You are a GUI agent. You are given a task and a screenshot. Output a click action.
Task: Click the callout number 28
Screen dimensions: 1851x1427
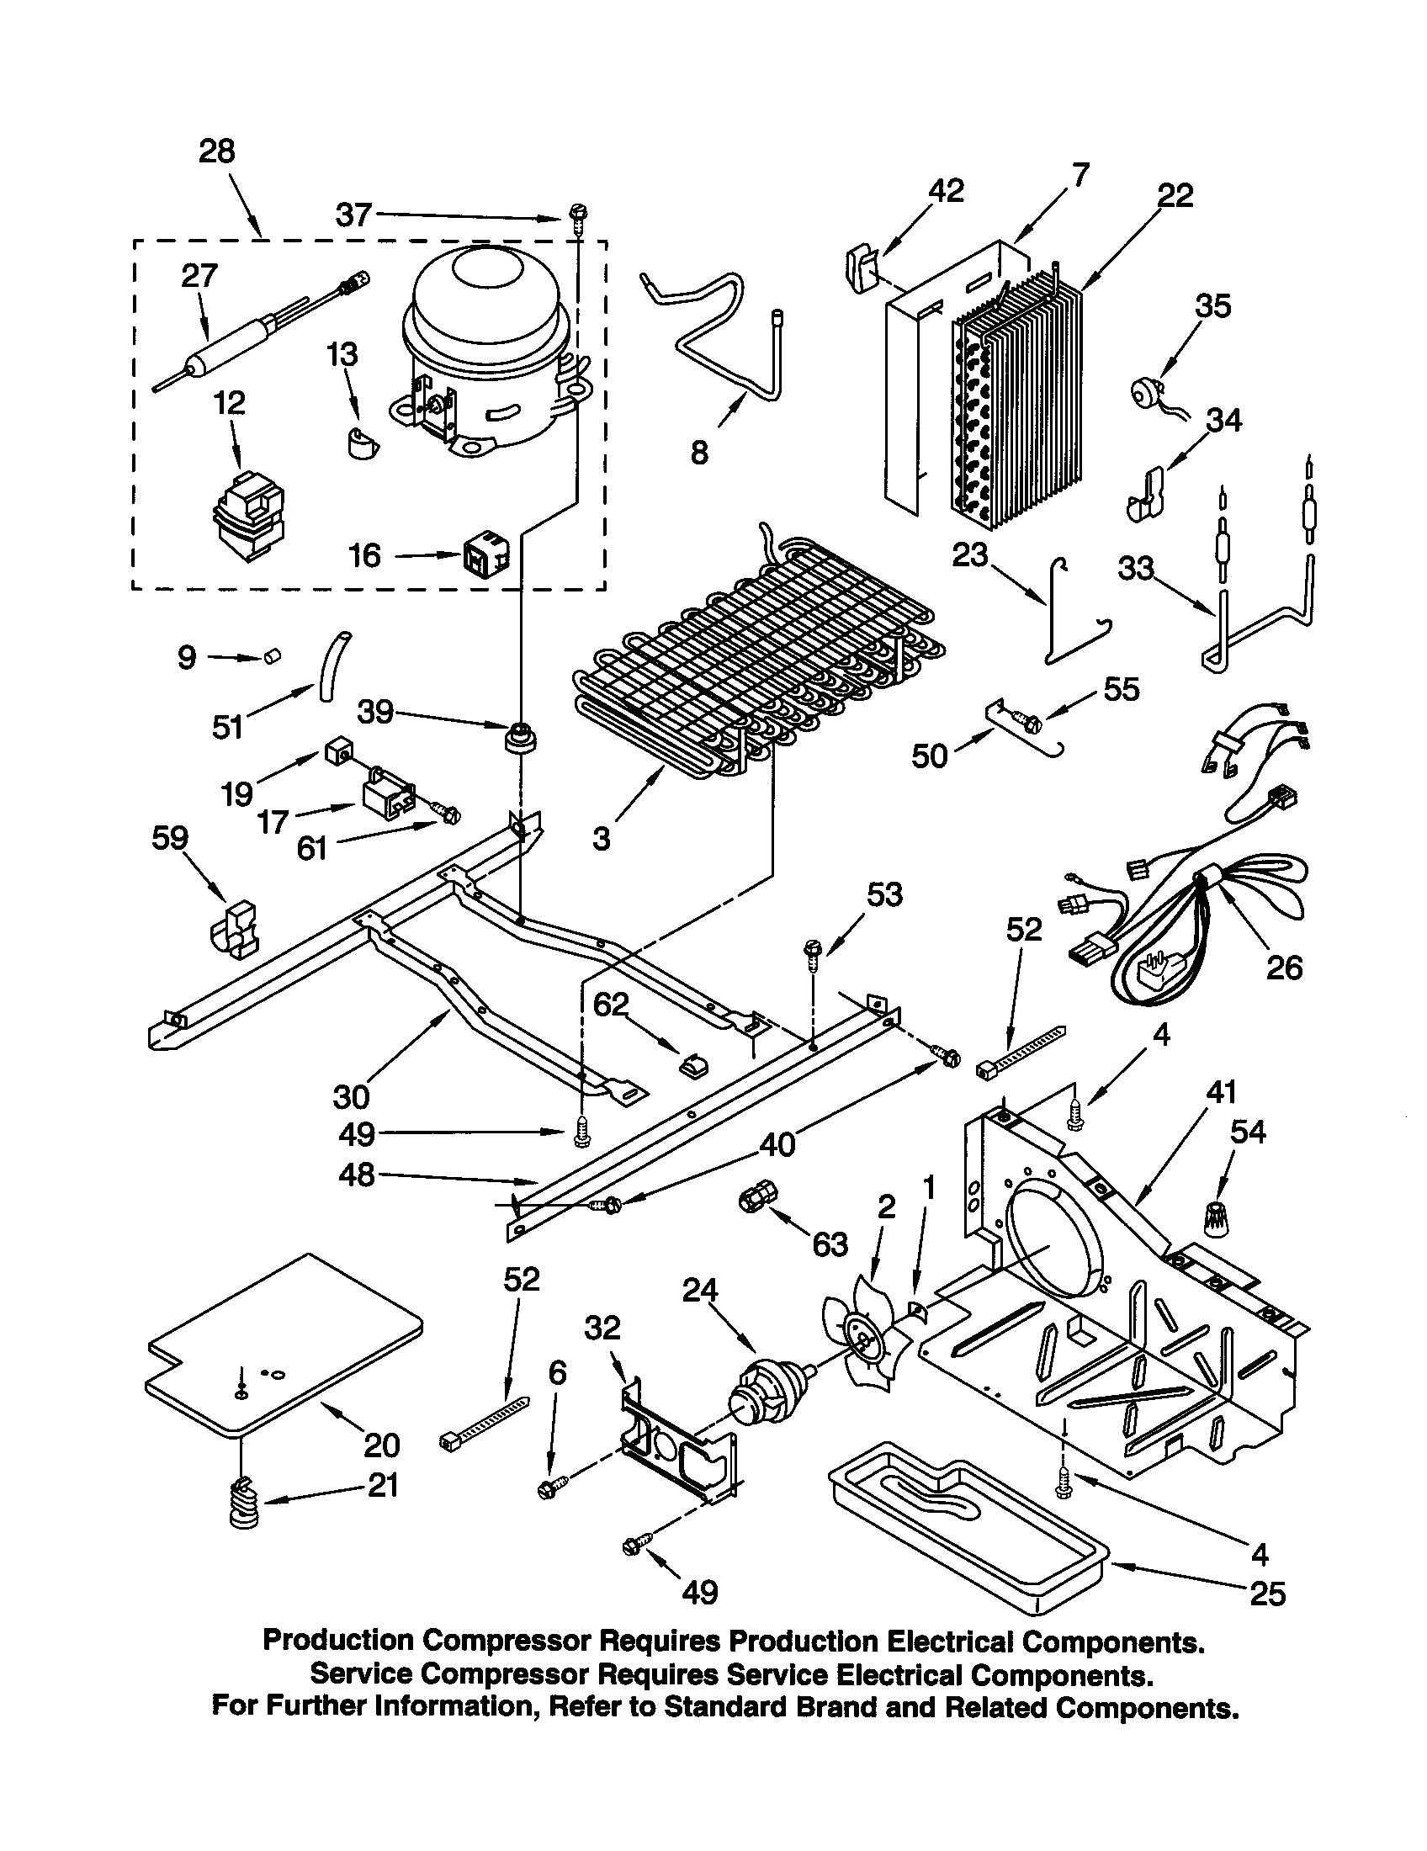point(216,151)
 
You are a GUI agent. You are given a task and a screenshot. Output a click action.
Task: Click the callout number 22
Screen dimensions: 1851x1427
point(1175,196)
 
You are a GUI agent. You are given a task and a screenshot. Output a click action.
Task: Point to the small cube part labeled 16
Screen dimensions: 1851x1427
point(485,555)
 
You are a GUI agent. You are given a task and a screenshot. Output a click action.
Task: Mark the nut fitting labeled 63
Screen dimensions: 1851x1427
point(752,1198)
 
